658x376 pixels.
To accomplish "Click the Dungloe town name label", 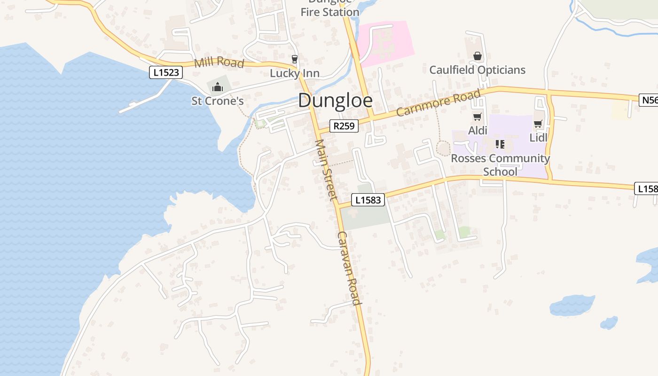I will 335,101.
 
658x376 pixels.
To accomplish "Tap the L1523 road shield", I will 166,73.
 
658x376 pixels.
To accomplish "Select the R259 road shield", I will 344,126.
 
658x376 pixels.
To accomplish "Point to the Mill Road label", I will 219,62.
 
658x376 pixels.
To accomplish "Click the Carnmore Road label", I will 439,103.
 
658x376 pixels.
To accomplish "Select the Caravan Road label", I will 349,268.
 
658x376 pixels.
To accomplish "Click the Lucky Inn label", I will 294,73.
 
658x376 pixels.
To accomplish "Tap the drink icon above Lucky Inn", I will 294,59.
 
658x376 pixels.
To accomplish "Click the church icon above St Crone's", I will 217,87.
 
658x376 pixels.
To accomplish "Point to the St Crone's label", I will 217,101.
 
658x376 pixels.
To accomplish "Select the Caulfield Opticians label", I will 477,70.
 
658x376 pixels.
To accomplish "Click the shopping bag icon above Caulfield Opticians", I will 478,56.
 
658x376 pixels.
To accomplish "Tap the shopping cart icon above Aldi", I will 477,117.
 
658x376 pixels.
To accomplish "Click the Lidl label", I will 538,138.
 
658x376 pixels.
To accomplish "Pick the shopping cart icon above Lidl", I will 538,124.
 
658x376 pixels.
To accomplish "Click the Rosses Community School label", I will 500,164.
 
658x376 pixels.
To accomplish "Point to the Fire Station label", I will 329,12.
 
